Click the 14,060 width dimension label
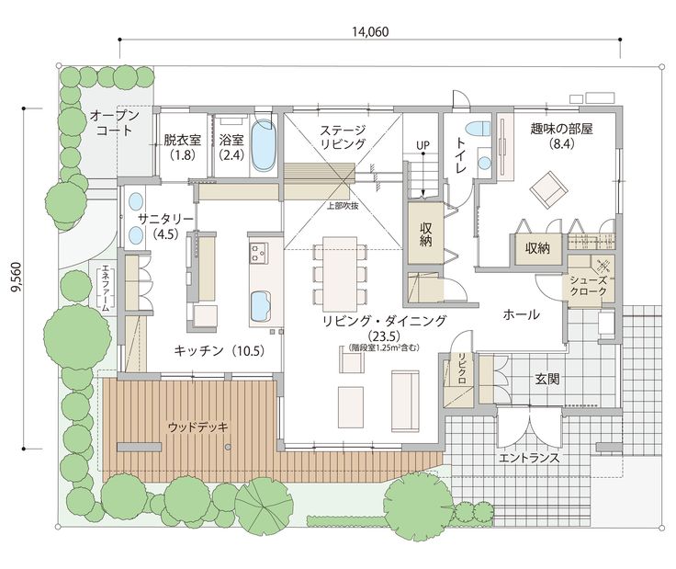[x=370, y=30]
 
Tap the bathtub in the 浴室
[x=263, y=145]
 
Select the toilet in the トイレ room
[x=478, y=130]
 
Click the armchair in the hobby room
[x=548, y=188]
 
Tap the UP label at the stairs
[x=422, y=145]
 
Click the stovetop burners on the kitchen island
[x=256, y=252]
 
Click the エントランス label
[x=528, y=457]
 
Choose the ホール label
[x=521, y=315]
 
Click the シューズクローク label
[x=587, y=285]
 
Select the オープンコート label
[x=115, y=122]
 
